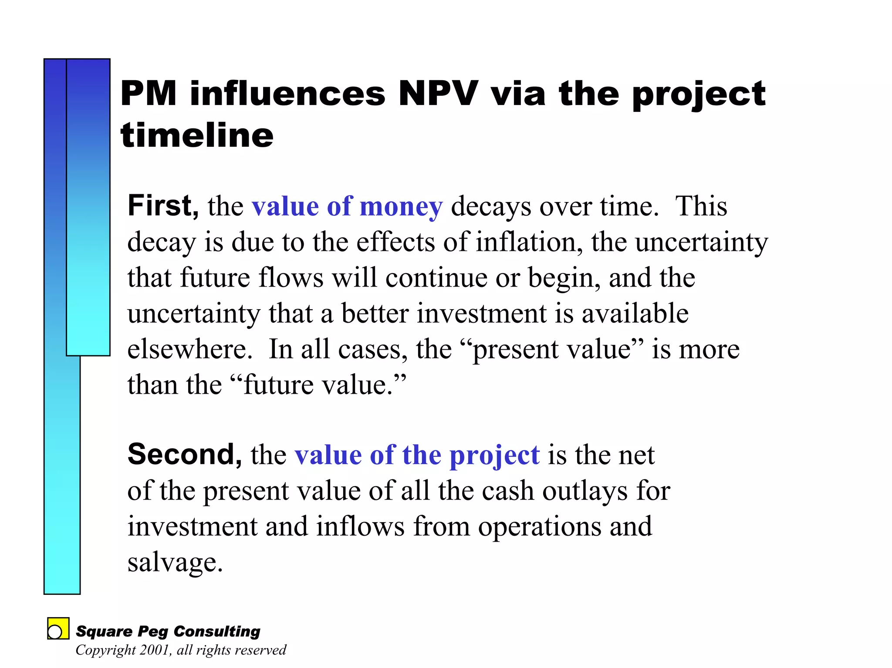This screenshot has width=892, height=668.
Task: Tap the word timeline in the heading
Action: pyautogui.click(x=197, y=135)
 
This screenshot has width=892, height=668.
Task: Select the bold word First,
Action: pyautogui.click(x=163, y=206)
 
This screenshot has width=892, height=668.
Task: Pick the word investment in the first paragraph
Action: pyautogui.click(x=481, y=313)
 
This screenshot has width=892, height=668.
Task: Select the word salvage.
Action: pyautogui.click(x=175, y=562)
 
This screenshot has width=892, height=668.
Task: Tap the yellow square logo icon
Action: pyautogui.click(x=58, y=628)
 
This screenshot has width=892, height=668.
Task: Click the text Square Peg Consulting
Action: pyautogui.click(x=168, y=631)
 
